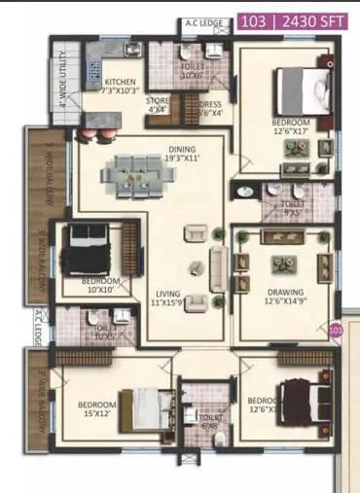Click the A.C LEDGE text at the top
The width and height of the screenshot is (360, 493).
[200, 22]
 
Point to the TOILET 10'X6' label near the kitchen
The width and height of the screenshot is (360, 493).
[190, 72]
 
